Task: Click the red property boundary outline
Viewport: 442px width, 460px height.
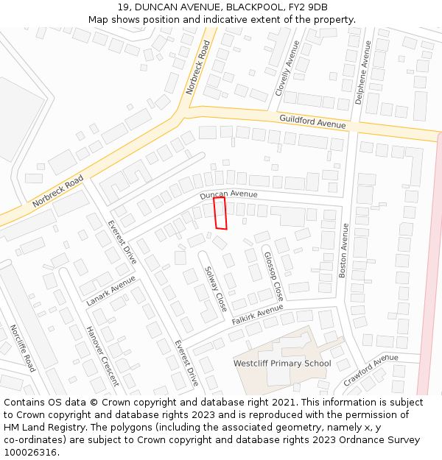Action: [x=220, y=213]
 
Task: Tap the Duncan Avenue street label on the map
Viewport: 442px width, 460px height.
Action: [x=228, y=195]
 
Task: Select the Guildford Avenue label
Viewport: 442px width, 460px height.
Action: [x=312, y=121]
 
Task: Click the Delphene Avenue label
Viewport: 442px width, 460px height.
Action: [x=362, y=71]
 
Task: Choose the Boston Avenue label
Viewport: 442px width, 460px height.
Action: [x=343, y=250]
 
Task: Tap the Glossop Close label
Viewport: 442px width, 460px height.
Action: [x=273, y=276]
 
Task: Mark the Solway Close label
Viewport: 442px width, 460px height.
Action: [x=215, y=289]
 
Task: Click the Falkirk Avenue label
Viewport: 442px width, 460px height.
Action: [x=257, y=315]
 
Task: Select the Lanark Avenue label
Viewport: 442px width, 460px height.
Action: [x=110, y=291]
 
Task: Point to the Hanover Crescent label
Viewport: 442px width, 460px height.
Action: [x=102, y=355]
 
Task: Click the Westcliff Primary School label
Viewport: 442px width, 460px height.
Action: [x=282, y=364]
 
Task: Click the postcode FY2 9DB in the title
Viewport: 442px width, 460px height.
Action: [x=307, y=7]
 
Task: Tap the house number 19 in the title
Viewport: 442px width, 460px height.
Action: [x=122, y=7]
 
